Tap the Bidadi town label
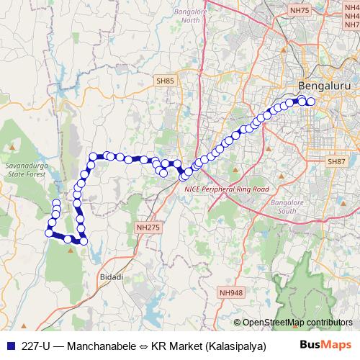pyautogui.click(x=111, y=276)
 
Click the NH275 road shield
pyautogui.click(x=146, y=227)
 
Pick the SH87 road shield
pyautogui.click(x=336, y=163)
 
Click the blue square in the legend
pyautogui.click(x=9, y=345)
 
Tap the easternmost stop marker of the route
pyautogui.click(x=311, y=102)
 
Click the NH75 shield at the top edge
pyautogui.click(x=299, y=11)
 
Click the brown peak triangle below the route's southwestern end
pyautogui.click(x=71, y=251)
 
